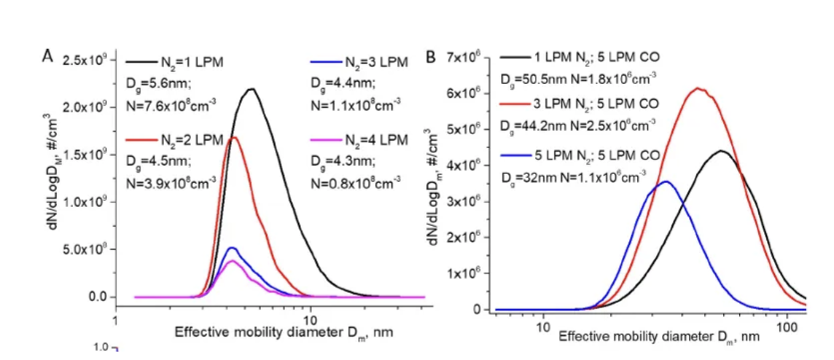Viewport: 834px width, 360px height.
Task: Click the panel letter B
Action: (x=431, y=57)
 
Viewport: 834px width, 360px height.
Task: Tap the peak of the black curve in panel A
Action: (x=251, y=89)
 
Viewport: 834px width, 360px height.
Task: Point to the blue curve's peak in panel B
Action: (x=665, y=181)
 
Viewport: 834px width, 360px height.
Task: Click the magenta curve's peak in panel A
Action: (x=232, y=261)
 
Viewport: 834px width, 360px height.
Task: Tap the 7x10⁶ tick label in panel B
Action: (x=462, y=58)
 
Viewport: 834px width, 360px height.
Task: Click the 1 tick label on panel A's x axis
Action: (x=115, y=319)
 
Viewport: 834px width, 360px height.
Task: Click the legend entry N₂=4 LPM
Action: (x=376, y=140)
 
